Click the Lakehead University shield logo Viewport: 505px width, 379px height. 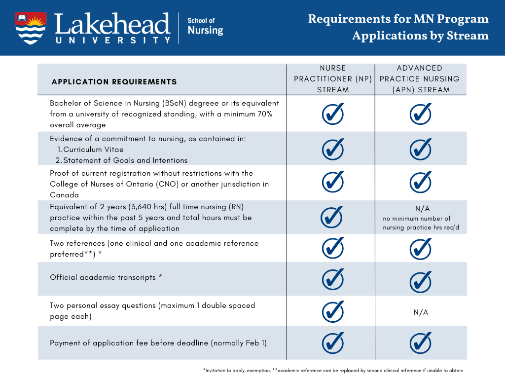point(31,28)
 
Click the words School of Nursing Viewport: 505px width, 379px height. point(205,27)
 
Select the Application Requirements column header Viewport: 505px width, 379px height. point(114,81)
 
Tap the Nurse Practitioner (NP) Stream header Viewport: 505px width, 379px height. point(333,79)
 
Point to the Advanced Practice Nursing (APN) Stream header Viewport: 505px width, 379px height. point(420,79)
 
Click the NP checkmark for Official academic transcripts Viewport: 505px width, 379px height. point(333,279)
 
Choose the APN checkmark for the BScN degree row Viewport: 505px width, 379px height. point(421,114)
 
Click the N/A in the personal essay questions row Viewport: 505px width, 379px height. point(421,312)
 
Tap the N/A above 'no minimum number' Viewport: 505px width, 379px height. point(420,209)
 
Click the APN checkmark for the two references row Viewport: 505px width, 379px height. point(421,248)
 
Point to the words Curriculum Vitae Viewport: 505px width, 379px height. point(94,150)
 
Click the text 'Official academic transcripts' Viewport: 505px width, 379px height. point(103,277)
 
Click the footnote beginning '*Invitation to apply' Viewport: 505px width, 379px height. point(333,370)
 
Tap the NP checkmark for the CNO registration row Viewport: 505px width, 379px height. point(333,182)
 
